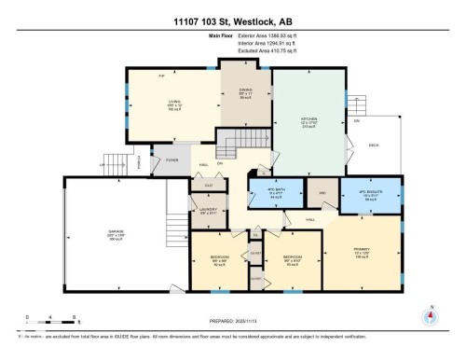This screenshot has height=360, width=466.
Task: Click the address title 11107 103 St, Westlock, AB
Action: tap(233, 21)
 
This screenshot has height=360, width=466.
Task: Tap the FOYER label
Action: tap(172, 159)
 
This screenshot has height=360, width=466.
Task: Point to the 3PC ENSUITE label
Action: tap(370, 193)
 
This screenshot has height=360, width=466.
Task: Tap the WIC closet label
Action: tap(322, 193)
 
